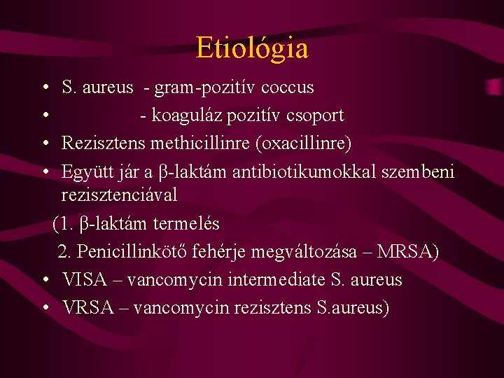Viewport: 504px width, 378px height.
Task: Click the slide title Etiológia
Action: pos(252,48)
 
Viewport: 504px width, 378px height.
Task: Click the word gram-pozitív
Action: pos(206,87)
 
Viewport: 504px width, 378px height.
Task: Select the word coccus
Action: pos(287,87)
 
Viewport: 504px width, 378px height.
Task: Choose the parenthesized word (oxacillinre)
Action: pos(303,143)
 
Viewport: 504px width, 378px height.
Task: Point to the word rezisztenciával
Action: pos(119,195)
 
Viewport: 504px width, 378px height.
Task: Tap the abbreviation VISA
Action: pos(84,280)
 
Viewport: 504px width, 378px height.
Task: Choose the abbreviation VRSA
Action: pos(85,308)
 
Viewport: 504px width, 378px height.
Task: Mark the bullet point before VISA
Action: pos(44,280)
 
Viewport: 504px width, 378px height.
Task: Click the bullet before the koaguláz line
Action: pos(44,115)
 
